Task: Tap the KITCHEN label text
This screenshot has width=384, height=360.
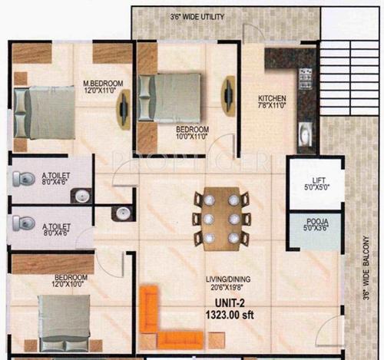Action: (x=272, y=98)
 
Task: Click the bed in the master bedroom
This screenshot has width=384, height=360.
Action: (x=46, y=111)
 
